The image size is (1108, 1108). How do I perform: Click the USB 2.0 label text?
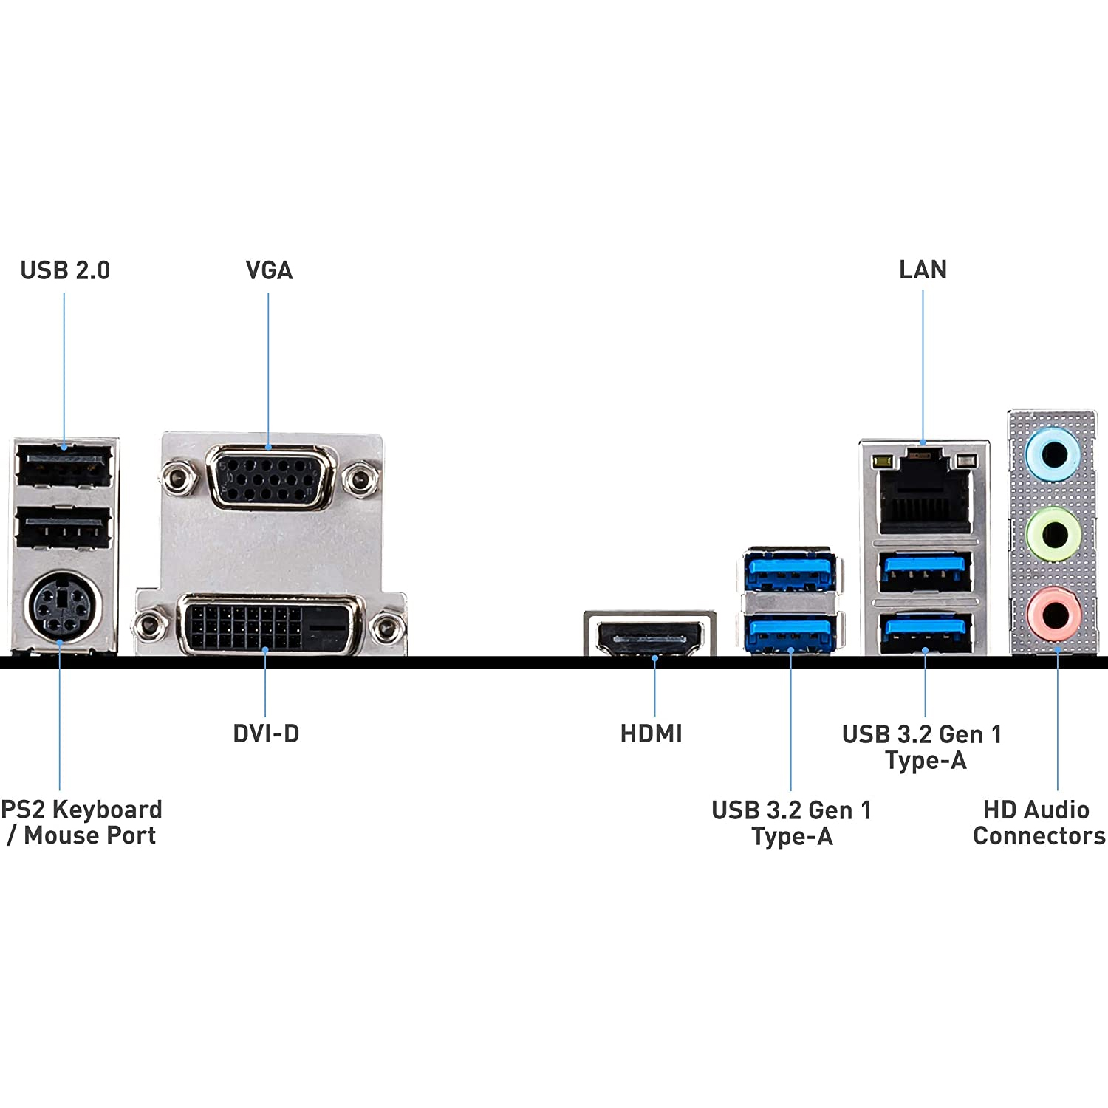[65, 270]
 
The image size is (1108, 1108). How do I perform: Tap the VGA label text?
[269, 270]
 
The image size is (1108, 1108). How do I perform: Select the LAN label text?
[923, 270]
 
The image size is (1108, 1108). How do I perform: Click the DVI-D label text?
[266, 733]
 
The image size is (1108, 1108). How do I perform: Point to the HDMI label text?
[652, 733]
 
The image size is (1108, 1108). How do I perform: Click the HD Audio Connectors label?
[1039, 823]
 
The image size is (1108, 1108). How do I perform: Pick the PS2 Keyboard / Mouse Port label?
[81, 822]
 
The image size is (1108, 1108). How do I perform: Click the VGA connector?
[271, 478]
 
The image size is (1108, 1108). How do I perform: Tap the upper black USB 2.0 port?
[64, 466]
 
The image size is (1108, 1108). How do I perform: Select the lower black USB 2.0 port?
[64, 527]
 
